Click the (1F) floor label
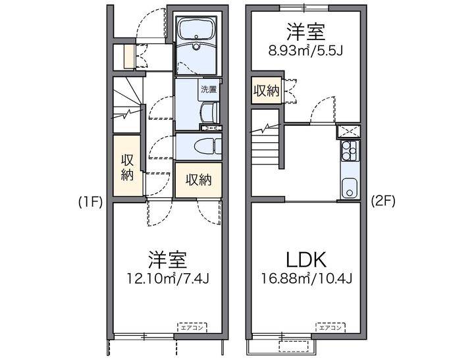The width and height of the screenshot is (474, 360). [90, 202]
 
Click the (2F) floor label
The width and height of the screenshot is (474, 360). [383, 201]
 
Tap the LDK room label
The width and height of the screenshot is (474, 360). [306, 259]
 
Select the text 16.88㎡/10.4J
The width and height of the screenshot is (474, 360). [306, 278]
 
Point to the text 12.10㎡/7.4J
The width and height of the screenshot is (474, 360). [168, 278]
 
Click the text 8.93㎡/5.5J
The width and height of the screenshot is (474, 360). [305, 51]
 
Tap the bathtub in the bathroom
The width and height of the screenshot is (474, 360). [196, 30]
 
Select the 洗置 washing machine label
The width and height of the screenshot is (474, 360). [209, 90]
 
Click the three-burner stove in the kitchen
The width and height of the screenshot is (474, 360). [350, 151]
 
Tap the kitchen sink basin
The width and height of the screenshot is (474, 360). [350, 188]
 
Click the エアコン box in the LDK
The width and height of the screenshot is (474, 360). [330, 327]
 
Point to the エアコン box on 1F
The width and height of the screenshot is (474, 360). [192, 327]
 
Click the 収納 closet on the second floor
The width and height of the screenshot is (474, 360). [267, 91]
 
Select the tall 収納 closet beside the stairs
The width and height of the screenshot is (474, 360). [127, 165]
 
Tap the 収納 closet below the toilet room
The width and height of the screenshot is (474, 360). [199, 180]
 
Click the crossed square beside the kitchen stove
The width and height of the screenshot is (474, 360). [349, 132]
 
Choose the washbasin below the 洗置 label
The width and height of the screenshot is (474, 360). [209, 113]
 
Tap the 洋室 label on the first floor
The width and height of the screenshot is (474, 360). [167, 259]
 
